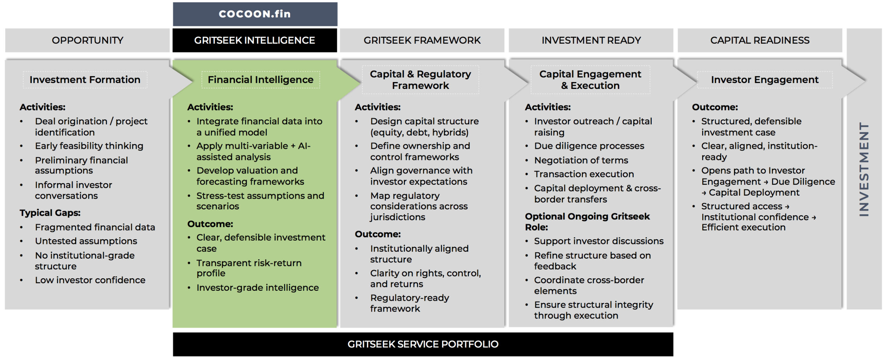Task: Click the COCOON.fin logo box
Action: [255, 14]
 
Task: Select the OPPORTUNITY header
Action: [87, 40]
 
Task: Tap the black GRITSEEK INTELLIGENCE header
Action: [254, 40]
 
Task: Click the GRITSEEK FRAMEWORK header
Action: [422, 40]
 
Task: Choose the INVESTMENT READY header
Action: [591, 40]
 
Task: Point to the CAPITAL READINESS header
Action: [760, 40]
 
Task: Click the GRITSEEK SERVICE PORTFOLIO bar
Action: [423, 344]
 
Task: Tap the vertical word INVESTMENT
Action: [864, 170]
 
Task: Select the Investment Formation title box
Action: [85, 80]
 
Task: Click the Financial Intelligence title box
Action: [260, 80]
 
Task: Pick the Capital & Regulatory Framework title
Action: [420, 80]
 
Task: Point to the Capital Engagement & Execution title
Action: [590, 80]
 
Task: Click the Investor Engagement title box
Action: [765, 80]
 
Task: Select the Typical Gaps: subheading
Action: [50, 213]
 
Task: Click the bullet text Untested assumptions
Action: [86, 241]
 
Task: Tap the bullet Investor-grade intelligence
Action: [257, 288]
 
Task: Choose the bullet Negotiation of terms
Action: [581, 160]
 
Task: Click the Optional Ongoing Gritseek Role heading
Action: [587, 222]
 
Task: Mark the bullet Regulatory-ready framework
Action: [409, 303]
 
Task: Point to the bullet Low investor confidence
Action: [90, 280]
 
